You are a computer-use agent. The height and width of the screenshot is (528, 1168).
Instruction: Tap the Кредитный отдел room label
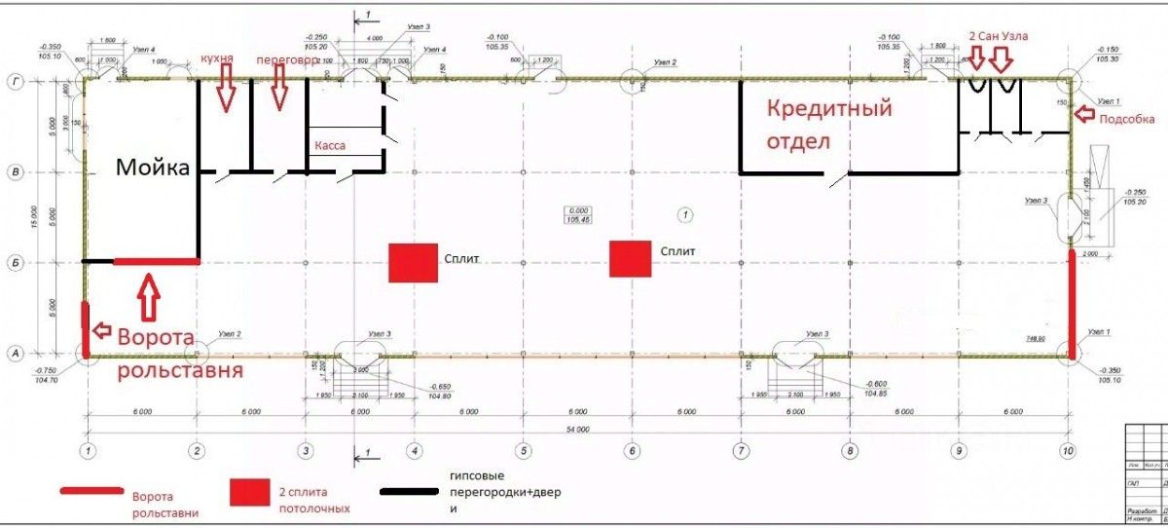pos(828,125)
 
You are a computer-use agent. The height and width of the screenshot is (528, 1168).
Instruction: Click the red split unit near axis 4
pos(413,262)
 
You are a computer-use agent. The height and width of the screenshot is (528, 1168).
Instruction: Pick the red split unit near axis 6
pos(631,259)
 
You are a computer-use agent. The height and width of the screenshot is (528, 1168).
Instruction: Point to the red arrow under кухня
pos(225,92)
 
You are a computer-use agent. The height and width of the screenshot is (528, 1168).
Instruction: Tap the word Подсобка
pos(1126,119)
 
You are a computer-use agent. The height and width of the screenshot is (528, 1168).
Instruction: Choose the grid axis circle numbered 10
pos(1069,451)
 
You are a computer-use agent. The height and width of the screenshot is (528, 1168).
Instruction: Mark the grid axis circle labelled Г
pos(16,82)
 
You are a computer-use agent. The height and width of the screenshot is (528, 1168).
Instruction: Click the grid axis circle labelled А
pos(16,355)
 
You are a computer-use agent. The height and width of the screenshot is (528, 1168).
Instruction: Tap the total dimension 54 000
pos(578,428)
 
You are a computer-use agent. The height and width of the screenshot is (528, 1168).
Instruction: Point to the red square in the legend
pos(247,492)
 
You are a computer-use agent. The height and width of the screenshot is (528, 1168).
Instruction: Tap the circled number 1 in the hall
pos(686,212)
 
